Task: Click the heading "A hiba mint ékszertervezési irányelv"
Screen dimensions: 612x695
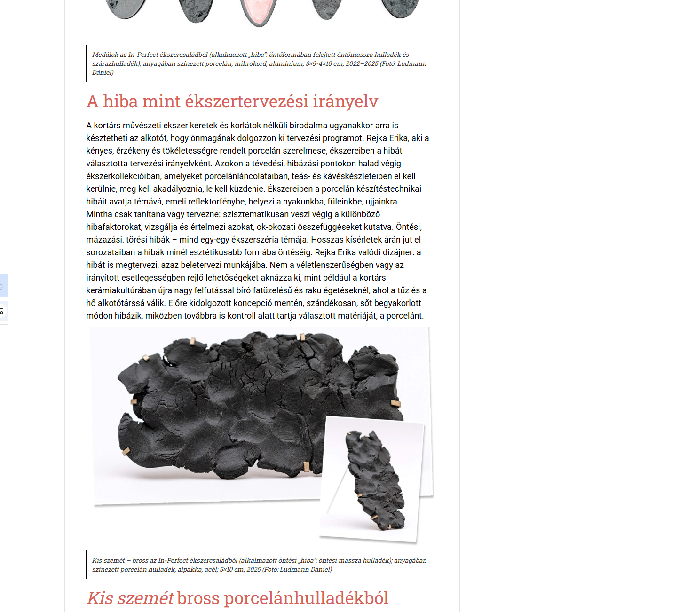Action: (232, 102)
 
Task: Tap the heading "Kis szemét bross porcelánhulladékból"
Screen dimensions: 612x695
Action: (237, 598)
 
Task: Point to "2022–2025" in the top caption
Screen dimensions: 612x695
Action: (362, 64)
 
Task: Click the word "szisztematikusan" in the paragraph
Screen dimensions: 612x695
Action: (255, 214)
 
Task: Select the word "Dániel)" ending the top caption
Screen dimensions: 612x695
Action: (103, 73)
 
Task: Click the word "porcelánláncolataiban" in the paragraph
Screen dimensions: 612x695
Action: (248, 176)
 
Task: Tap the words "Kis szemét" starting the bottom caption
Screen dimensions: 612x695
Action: (109, 561)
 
